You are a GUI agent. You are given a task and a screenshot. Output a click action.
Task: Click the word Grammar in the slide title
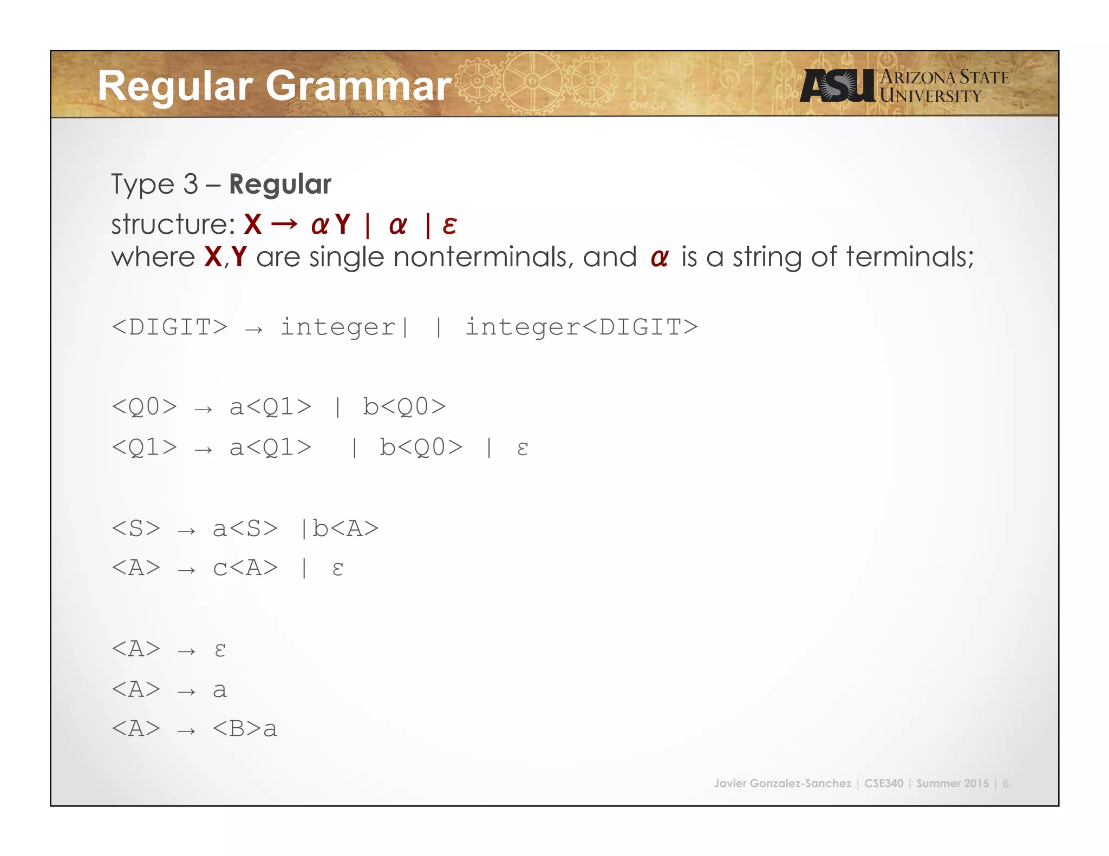tap(358, 87)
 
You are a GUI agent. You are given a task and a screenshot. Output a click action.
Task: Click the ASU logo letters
tap(837, 85)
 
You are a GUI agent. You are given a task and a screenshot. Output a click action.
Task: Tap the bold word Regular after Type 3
tap(280, 185)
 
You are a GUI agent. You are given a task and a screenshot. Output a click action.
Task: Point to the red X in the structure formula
tap(253, 225)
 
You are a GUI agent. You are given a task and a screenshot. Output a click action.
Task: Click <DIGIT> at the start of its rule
tap(169, 327)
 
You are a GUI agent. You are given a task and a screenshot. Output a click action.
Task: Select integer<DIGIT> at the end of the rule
tap(582, 327)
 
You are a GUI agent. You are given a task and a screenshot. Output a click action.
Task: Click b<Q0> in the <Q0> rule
tap(404, 407)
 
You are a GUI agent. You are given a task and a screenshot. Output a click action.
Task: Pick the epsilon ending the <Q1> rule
tap(522, 448)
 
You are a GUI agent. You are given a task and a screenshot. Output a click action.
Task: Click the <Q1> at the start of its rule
tap(144, 448)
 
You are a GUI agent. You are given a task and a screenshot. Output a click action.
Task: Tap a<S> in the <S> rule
tap(245, 529)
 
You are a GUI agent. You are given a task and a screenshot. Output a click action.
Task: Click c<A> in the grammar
tap(245, 568)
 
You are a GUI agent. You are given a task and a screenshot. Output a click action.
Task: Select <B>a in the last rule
tap(245, 729)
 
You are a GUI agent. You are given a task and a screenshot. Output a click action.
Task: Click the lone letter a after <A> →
tap(219, 690)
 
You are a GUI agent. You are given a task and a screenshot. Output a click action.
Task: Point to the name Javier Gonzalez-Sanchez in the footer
tap(782, 783)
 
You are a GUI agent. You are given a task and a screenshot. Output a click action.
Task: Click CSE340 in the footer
tap(884, 783)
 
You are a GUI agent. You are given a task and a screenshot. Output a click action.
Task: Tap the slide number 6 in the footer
tap(1006, 783)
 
